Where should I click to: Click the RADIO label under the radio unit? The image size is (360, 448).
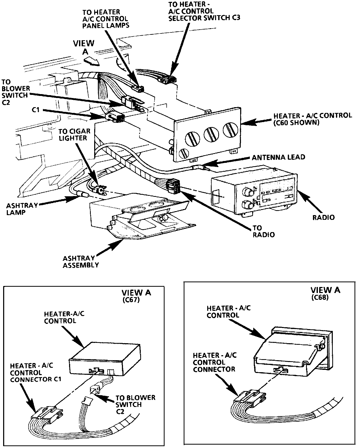[323, 217]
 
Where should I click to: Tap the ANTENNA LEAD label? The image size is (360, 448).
[278, 157]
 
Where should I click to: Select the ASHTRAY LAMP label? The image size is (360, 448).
[22, 209]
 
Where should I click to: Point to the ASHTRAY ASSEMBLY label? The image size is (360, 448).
[81, 262]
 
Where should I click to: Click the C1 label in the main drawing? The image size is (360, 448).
[36, 110]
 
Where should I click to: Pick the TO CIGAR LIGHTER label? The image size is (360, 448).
[74, 134]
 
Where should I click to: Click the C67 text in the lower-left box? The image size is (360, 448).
[131, 300]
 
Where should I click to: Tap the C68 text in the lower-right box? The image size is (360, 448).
[320, 297]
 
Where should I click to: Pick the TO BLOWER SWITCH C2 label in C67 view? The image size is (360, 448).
[135, 404]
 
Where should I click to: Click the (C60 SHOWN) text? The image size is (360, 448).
[296, 122]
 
